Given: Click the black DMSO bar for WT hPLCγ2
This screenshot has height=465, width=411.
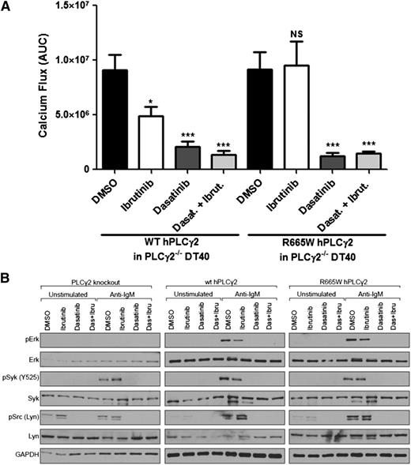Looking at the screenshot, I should click(x=116, y=119).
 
